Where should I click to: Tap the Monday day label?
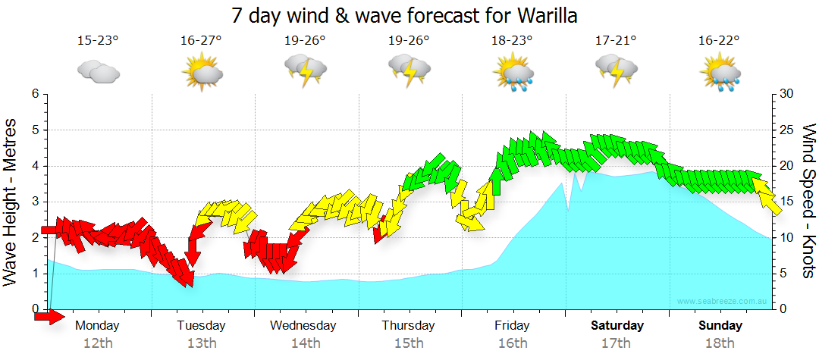pos(98,325)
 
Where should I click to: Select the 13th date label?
pos(201,343)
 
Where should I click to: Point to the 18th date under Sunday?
pos(720,343)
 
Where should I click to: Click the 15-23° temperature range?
pos(98,40)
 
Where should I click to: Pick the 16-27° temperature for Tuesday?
pos(201,40)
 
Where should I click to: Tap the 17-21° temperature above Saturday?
pos(616,40)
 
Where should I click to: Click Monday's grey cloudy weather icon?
pos(98,72)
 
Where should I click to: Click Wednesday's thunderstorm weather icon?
pos(305,72)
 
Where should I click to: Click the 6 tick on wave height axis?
pos(35,94)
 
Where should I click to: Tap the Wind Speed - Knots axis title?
pos(808,202)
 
